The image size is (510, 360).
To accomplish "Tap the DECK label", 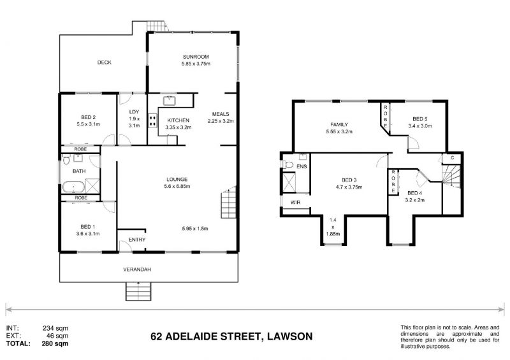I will coord(105,62).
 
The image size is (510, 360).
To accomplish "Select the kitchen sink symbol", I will coord(170,100).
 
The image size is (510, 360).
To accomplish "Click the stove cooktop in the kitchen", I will coord(152,120).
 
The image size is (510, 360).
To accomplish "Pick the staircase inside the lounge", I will coord(228,205).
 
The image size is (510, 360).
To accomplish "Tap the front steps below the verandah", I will coord(140,291).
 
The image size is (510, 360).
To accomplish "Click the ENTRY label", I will coord(137,240).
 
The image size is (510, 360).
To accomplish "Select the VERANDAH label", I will coord(137,270).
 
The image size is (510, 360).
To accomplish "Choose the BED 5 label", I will coord(419,119).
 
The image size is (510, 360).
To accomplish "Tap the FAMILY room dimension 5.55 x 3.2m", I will coord(338,132).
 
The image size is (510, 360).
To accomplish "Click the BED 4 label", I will coord(415,193).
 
